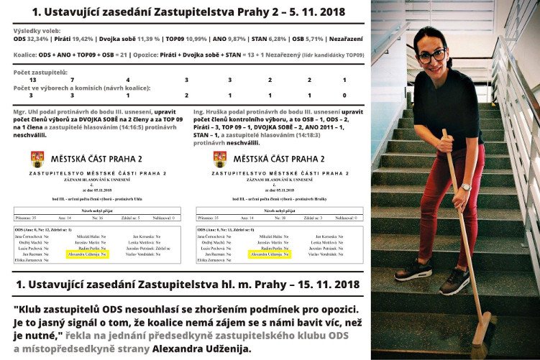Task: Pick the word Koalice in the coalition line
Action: tap(28, 55)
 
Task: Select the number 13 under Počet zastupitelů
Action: tap(31, 80)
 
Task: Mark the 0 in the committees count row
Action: tap(344, 95)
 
